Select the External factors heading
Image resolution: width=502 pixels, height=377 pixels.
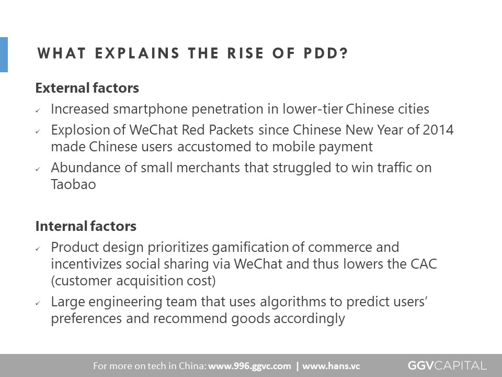click(87, 88)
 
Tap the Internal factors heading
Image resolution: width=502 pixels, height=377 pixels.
click(86, 226)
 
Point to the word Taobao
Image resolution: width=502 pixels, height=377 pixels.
click(73, 184)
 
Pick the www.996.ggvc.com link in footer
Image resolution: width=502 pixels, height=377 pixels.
click(249, 366)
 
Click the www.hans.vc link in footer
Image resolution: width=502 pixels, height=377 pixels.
click(330, 366)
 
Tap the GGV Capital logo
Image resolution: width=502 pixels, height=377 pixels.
click(447, 365)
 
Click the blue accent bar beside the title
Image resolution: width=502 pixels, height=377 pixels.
click(4, 54)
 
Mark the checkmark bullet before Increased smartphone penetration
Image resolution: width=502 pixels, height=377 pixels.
click(38, 110)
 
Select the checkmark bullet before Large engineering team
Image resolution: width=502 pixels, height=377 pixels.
click(38, 303)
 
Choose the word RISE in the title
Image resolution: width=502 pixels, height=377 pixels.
click(246, 53)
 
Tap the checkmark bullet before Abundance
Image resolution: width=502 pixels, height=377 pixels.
click(38, 169)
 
